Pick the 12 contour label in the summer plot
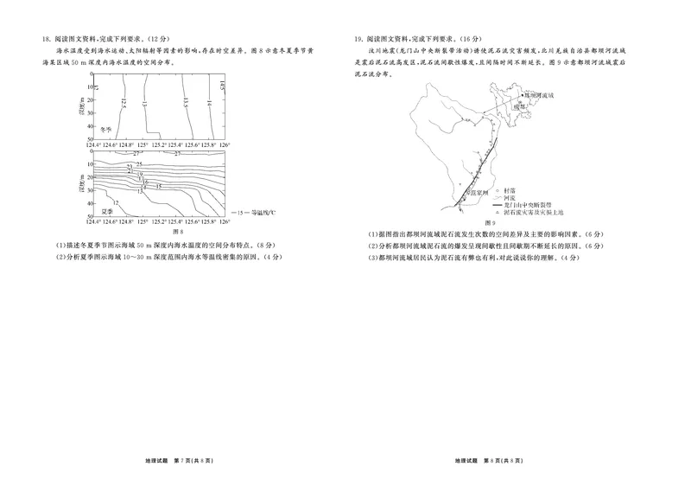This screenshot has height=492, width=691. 116,201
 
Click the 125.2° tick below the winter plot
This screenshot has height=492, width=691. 162,144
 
